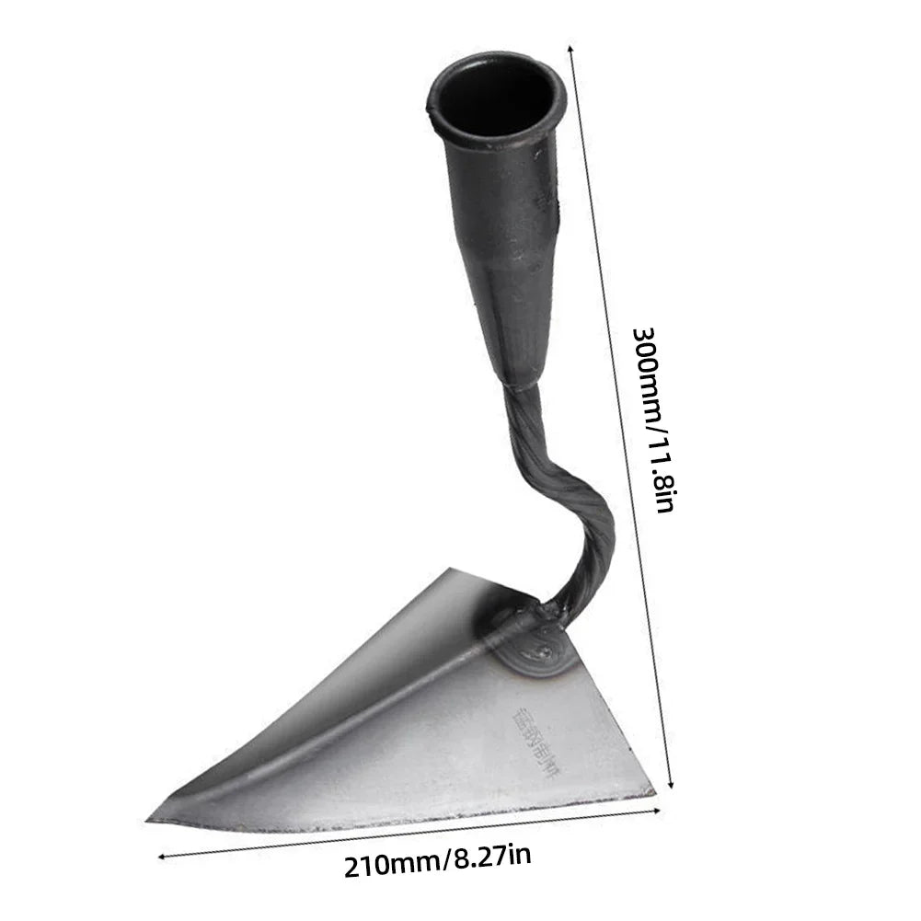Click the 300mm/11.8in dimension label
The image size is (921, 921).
(x=654, y=419)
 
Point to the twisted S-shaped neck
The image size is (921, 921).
(x=570, y=497)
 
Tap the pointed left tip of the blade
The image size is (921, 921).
(x=152, y=818)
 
